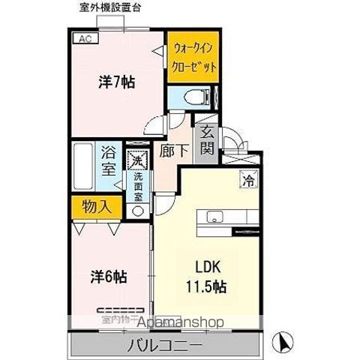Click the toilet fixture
[x=193, y=97]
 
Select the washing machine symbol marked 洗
[x=137, y=159]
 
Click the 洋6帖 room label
[x=109, y=276]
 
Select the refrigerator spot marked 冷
[x=247, y=180]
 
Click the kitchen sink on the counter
[x=213, y=218]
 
